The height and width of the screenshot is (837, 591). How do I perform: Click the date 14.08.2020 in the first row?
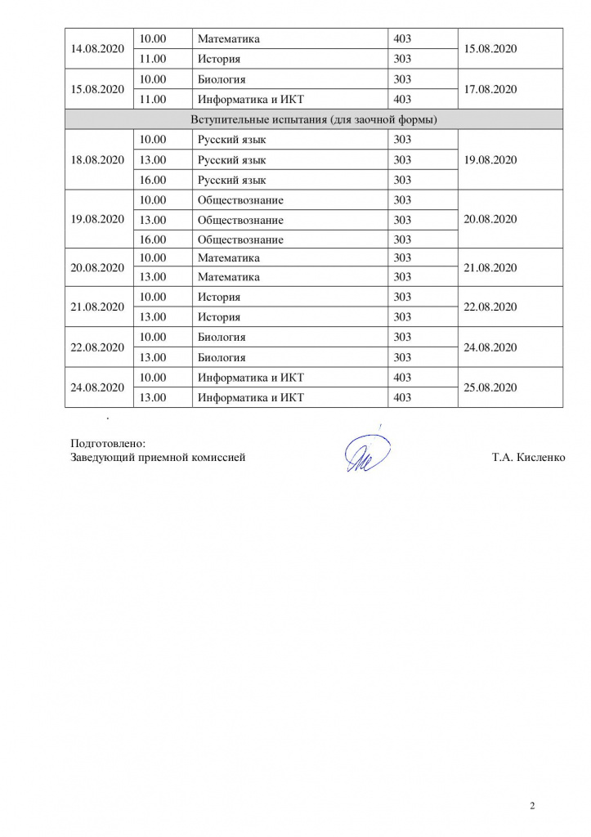click(97, 49)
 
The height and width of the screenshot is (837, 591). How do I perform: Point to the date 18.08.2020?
click(97, 159)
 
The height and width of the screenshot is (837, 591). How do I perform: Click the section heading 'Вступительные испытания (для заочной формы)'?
click(314, 119)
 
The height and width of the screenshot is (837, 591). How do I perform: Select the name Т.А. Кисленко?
click(528, 458)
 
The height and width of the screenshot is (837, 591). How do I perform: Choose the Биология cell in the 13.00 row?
click(222, 357)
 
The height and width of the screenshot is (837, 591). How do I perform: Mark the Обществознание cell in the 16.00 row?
click(240, 239)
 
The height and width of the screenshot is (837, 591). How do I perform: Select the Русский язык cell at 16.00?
click(231, 180)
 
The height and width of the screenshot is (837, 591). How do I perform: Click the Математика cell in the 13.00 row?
click(228, 277)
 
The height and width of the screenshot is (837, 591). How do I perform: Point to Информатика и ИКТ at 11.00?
click(250, 99)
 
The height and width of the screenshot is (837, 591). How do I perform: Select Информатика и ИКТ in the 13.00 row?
click(250, 397)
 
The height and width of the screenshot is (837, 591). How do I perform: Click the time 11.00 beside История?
click(153, 59)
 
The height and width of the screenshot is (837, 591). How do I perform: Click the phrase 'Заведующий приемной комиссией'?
click(158, 458)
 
